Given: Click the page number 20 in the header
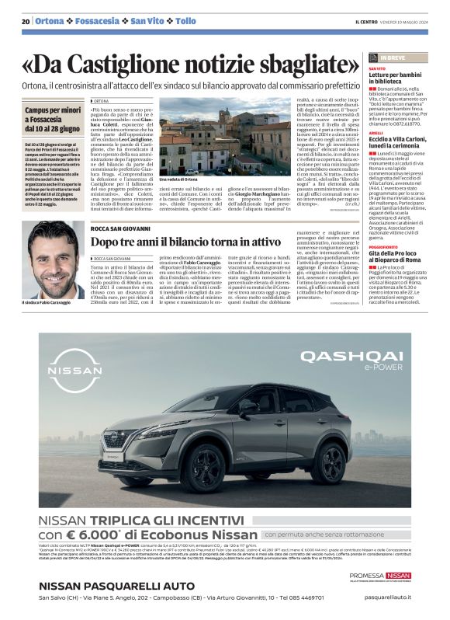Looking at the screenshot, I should pos(25,21).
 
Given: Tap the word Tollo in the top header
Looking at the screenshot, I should pos(185,21).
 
